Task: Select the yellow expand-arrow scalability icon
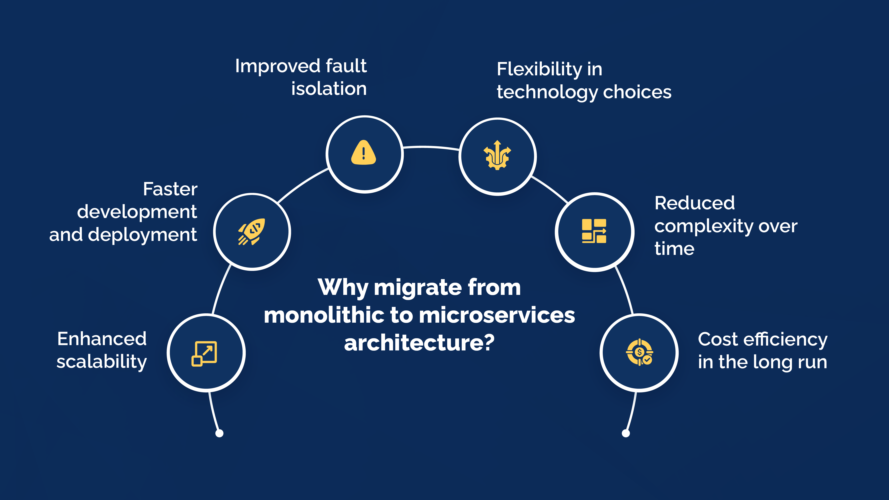[204, 353]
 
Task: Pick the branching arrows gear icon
[497, 155]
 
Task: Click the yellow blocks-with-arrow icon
[594, 231]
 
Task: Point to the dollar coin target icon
[639, 352]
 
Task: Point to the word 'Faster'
[170, 189]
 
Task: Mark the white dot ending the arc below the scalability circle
[220, 433]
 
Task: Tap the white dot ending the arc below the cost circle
[626, 433]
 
